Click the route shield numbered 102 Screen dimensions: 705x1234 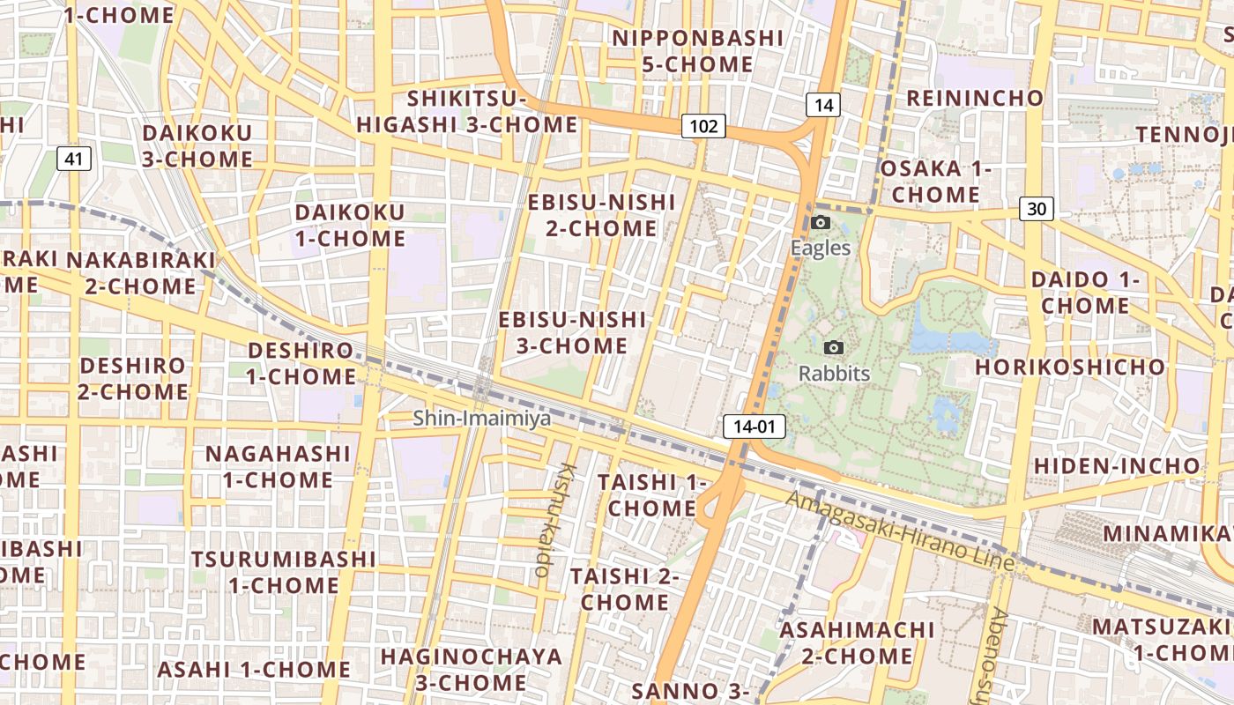coord(703,126)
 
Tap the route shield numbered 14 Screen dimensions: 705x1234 coord(823,106)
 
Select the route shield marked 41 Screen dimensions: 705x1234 coord(74,159)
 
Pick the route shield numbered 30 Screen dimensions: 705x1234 coord(1037,209)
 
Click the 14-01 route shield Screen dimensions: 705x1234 coord(755,427)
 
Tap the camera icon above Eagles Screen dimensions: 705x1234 coord(821,222)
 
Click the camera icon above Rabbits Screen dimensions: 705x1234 coord(834,348)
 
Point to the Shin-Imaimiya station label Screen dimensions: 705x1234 coord(482,418)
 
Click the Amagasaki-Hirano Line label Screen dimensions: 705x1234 coord(899,530)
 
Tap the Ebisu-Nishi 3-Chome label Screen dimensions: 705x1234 coord(572,332)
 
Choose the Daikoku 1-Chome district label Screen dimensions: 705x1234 coord(350,226)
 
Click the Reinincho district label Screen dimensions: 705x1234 coord(975,98)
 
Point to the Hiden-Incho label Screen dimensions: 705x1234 coord(1117,465)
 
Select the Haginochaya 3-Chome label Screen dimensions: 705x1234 coord(471,669)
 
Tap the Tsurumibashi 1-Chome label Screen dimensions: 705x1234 coord(284,572)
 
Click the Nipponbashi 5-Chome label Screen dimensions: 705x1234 coord(697,51)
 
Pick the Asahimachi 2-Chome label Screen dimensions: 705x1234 coord(857,642)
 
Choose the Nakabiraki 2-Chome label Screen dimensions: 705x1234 coord(141,273)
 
